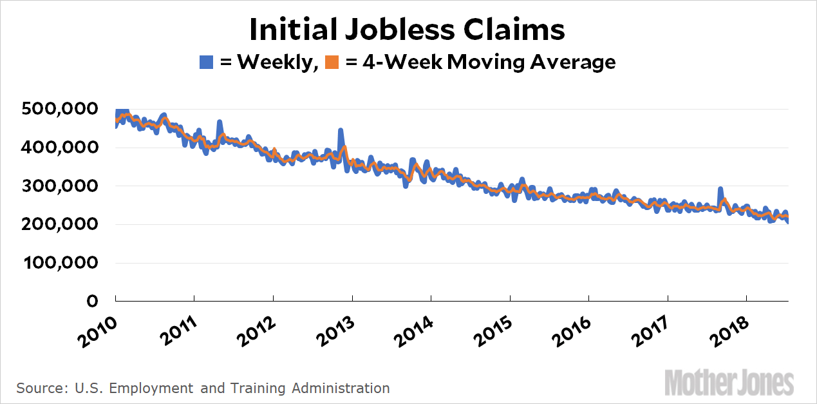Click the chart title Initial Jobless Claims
(408, 30)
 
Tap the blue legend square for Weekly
(206, 62)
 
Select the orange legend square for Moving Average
(332, 62)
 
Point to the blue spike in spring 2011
(220, 122)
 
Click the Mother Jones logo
(729, 382)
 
